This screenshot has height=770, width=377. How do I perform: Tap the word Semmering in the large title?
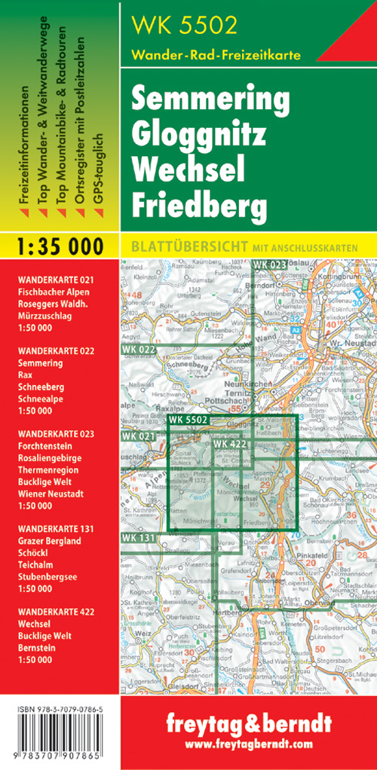[x=210, y=99]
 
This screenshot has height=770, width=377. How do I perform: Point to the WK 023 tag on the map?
[x=270, y=264]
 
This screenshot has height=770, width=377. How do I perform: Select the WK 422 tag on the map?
[x=230, y=444]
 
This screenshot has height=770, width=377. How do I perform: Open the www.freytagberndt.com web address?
[x=248, y=744]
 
